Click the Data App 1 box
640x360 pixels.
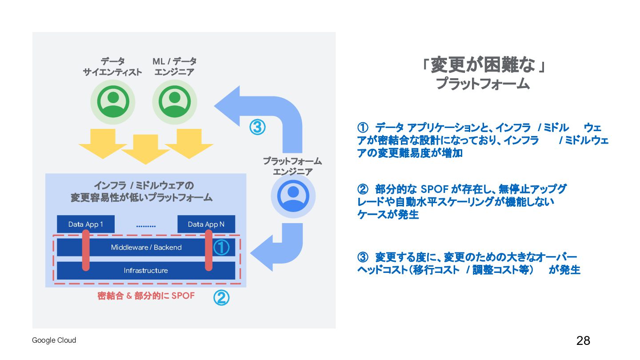86,224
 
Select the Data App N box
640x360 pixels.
206,224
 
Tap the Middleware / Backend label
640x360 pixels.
146,248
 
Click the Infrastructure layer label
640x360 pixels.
146,271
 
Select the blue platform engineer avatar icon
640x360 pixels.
293,196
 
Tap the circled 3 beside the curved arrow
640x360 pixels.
257,127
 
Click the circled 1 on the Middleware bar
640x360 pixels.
221,248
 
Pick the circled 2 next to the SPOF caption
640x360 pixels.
221,298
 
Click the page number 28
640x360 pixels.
583,341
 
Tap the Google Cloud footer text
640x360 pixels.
54,340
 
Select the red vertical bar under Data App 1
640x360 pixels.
86,252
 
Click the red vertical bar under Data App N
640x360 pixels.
208,252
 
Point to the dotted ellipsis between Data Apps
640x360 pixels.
146,226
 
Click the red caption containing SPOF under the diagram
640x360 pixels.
146,296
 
